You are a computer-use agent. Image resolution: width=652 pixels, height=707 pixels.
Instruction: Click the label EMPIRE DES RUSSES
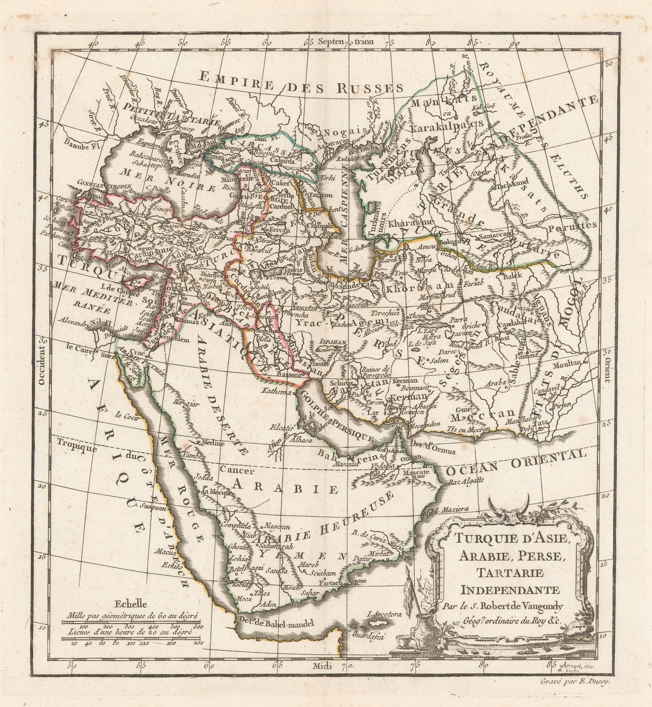coord(301,82)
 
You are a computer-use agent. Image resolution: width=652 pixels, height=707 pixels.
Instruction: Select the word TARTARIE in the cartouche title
coord(504,573)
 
